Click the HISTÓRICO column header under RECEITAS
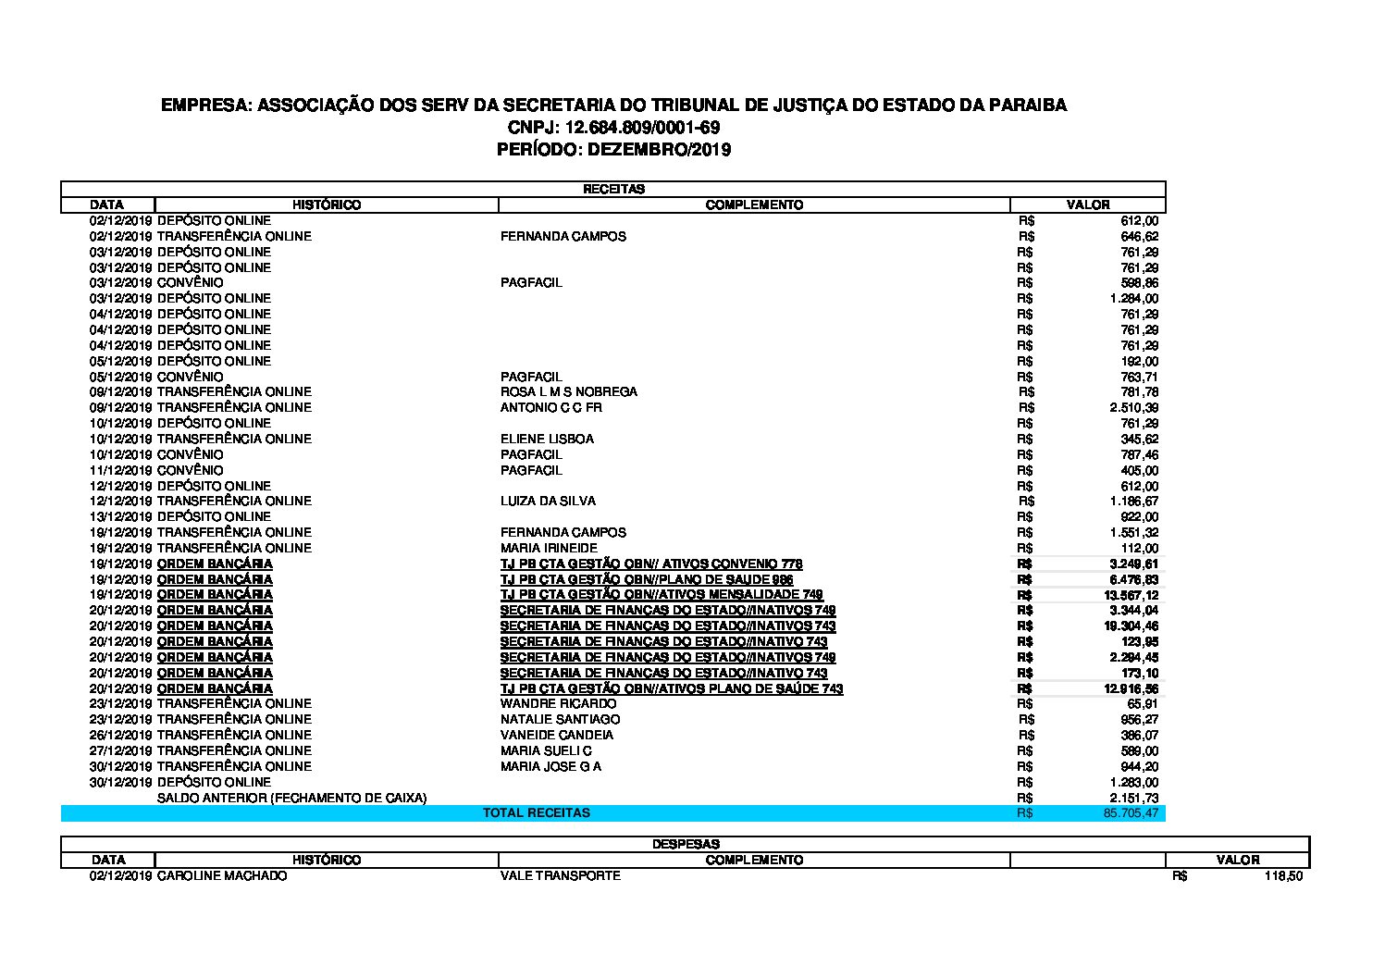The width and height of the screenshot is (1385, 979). click(327, 204)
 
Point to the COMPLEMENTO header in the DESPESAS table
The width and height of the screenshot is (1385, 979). click(754, 860)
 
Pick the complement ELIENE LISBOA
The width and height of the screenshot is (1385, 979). click(547, 440)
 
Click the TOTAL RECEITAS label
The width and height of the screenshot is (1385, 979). click(537, 813)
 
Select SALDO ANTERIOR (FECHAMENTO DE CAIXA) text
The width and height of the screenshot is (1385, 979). click(291, 798)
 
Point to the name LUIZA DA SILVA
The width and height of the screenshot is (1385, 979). click(548, 502)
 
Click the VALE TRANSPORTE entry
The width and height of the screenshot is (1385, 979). click(560, 875)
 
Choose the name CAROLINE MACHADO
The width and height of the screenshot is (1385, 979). click(222, 875)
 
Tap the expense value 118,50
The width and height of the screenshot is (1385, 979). click(1283, 876)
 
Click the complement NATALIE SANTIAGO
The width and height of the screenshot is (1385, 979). click(560, 720)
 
